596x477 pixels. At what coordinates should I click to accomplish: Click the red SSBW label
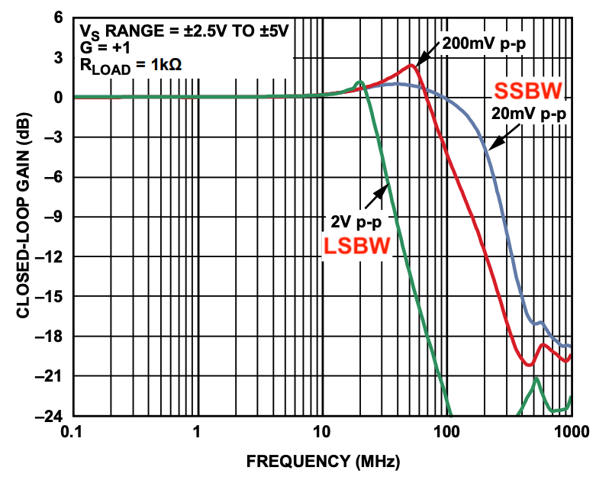point(529,91)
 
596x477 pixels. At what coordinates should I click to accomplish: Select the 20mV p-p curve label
point(530,114)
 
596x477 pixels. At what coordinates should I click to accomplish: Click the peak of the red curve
point(411,66)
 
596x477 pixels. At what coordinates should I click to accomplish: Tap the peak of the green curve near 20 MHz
point(359,82)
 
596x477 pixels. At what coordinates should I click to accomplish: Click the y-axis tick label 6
point(58,18)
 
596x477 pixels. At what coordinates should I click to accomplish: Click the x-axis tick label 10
point(321,430)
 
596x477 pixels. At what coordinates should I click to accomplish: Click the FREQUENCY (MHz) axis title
point(322,461)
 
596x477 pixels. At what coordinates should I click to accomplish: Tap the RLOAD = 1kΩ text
point(130,66)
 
